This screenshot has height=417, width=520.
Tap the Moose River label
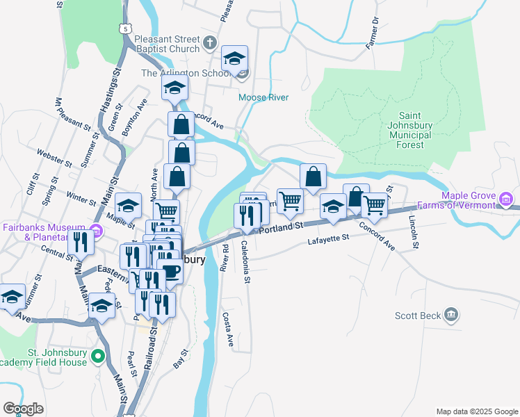pyautogui.click(x=263, y=98)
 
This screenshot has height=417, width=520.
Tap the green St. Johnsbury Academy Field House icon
pyautogui.click(x=98, y=357)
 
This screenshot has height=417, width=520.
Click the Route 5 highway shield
pyautogui.click(x=124, y=28)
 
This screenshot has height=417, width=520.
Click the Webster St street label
pyautogui.click(x=54, y=158)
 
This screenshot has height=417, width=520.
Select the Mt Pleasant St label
pyautogui.click(x=72, y=115)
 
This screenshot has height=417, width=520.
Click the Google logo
pyautogui.click(x=23, y=409)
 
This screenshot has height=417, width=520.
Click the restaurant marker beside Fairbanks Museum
pyautogui.click(x=81, y=242)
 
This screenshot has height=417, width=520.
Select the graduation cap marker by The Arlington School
pyautogui.click(x=235, y=58)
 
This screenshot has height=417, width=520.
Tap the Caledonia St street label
pyautogui.click(x=245, y=262)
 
